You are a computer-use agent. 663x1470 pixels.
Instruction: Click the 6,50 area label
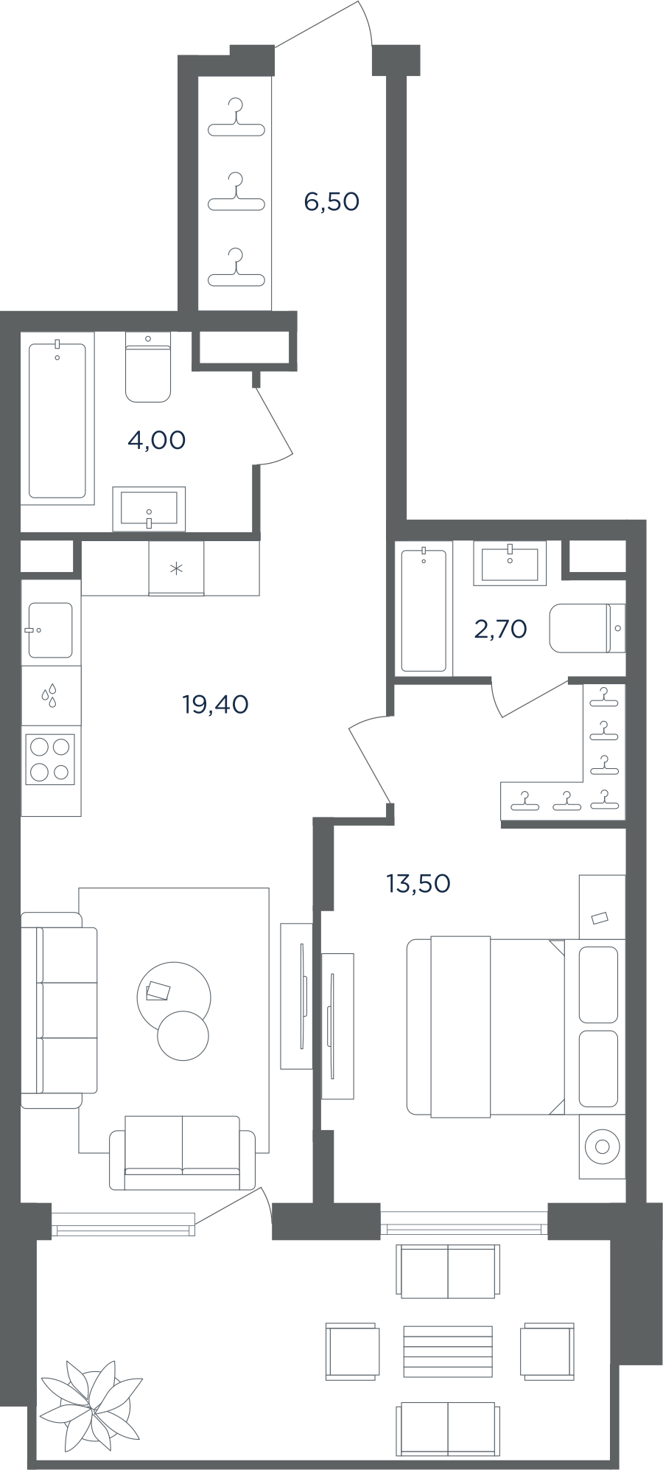[x=331, y=201]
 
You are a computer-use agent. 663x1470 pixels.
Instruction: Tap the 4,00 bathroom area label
[x=156, y=440]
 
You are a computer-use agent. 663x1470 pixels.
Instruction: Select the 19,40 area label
[x=215, y=704]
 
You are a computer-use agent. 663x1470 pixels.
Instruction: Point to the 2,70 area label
[x=500, y=629]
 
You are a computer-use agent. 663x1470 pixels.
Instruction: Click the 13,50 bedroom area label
[x=418, y=882]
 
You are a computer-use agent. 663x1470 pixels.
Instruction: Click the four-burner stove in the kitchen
[x=51, y=759]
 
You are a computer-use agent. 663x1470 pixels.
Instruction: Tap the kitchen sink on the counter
[x=50, y=630]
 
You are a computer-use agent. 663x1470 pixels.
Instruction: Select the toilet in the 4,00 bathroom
[x=148, y=367]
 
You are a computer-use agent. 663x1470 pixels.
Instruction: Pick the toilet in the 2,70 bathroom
[x=587, y=628]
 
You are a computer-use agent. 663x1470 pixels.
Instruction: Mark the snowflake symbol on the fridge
[x=176, y=568]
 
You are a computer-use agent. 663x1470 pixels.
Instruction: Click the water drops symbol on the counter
[x=50, y=695]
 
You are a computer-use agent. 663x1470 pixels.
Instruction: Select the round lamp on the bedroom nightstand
[x=603, y=1146]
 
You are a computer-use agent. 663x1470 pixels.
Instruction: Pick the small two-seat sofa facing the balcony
[x=182, y=1152]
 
